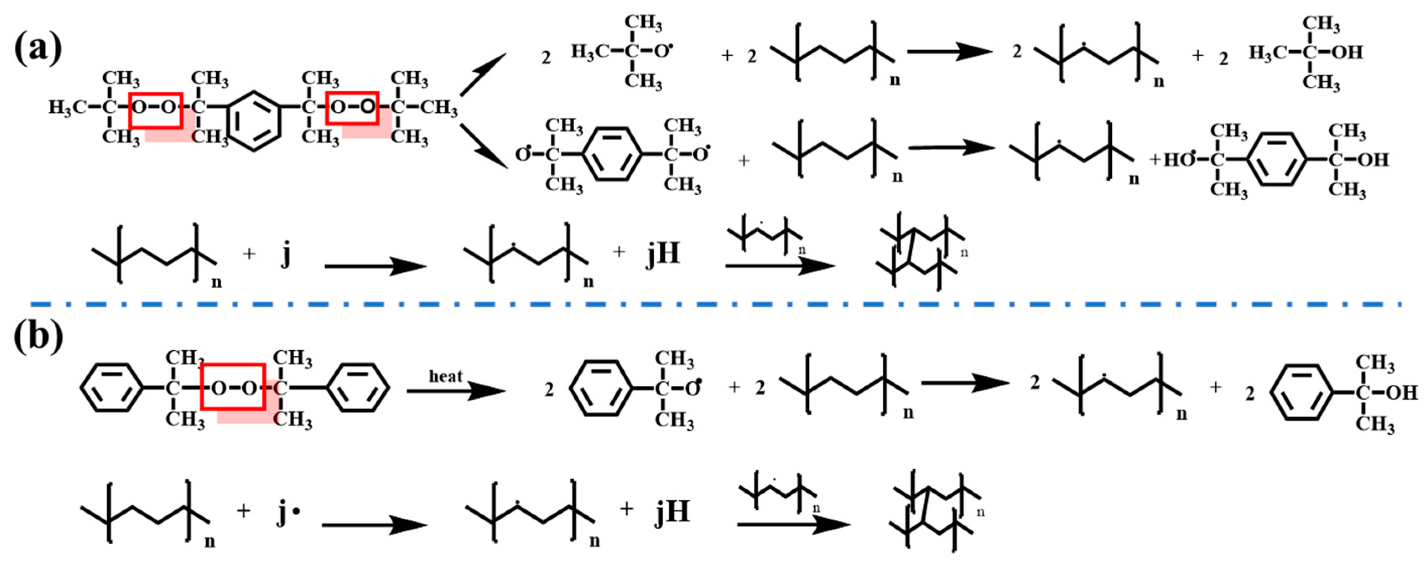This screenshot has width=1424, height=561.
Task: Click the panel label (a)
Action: click(38, 48)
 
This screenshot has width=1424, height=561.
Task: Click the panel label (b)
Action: click(38, 336)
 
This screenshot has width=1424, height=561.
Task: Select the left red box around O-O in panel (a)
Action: click(156, 110)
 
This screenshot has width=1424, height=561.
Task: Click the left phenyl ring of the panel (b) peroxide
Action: click(112, 388)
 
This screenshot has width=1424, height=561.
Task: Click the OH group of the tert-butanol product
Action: click(1347, 52)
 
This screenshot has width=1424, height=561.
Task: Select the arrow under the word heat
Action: click(456, 391)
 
